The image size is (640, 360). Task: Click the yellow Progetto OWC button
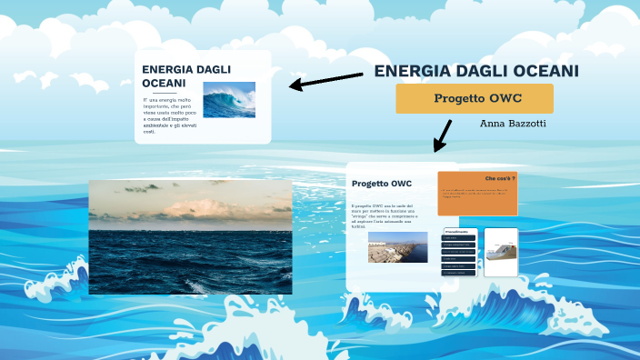click(x=475, y=98)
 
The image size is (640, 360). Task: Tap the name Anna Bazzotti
click(x=513, y=123)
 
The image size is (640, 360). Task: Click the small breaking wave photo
click(x=229, y=100)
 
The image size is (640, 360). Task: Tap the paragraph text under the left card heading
click(x=169, y=115)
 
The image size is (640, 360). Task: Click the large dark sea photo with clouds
click(x=190, y=236)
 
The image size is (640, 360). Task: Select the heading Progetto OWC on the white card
click(x=382, y=184)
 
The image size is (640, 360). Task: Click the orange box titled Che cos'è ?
click(x=477, y=193)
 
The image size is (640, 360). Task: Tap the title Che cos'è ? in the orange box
click(x=500, y=178)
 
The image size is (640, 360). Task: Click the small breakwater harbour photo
click(x=397, y=247)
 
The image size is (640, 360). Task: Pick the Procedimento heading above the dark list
click(x=456, y=233)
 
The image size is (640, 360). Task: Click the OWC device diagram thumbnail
click(x=501, y=252)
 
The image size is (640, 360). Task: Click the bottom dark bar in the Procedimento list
click(x=459, y=272)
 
